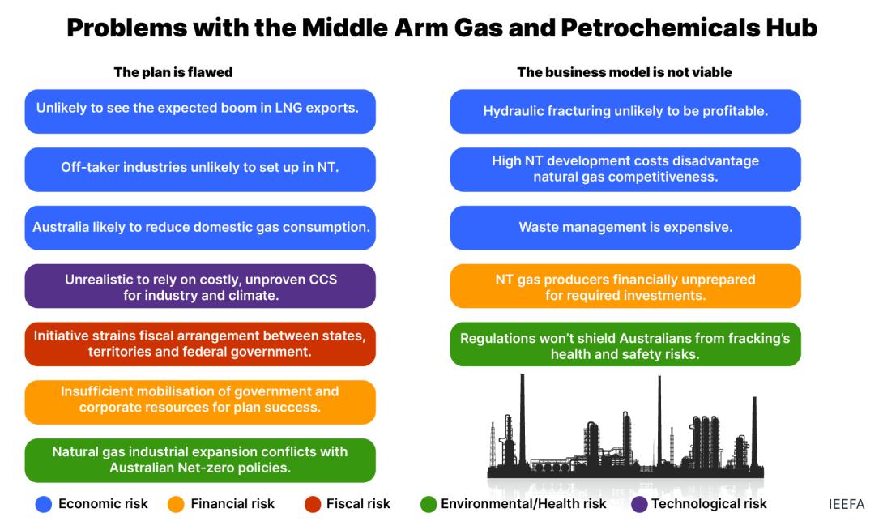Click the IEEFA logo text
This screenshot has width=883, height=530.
(846, 503)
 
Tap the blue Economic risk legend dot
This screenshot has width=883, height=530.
(44, 504)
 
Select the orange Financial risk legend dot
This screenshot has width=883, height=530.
(176, 504)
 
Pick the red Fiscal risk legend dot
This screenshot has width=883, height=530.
(313, 504)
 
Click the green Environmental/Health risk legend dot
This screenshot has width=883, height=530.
(429, 504)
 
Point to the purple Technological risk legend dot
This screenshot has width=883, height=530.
(639, 504)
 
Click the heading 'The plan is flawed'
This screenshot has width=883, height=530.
(173, 72)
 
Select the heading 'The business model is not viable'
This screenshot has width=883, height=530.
(625, 72)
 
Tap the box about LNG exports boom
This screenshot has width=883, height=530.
(200, 112)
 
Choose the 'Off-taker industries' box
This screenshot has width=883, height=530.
(200, 169)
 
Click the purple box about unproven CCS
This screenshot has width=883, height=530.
(200, 286)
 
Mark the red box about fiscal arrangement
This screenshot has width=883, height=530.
(200, 344)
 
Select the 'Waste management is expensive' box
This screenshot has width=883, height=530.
(625, 228)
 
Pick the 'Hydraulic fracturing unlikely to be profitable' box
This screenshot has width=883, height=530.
(625, 112)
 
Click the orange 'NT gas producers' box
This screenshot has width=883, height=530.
(625, 286)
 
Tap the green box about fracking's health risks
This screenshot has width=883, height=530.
(625, 344)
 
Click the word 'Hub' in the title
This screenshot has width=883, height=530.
(791, 27)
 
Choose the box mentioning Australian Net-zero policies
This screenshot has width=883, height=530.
(200, 460)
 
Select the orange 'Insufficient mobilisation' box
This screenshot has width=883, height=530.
(200, 402)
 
